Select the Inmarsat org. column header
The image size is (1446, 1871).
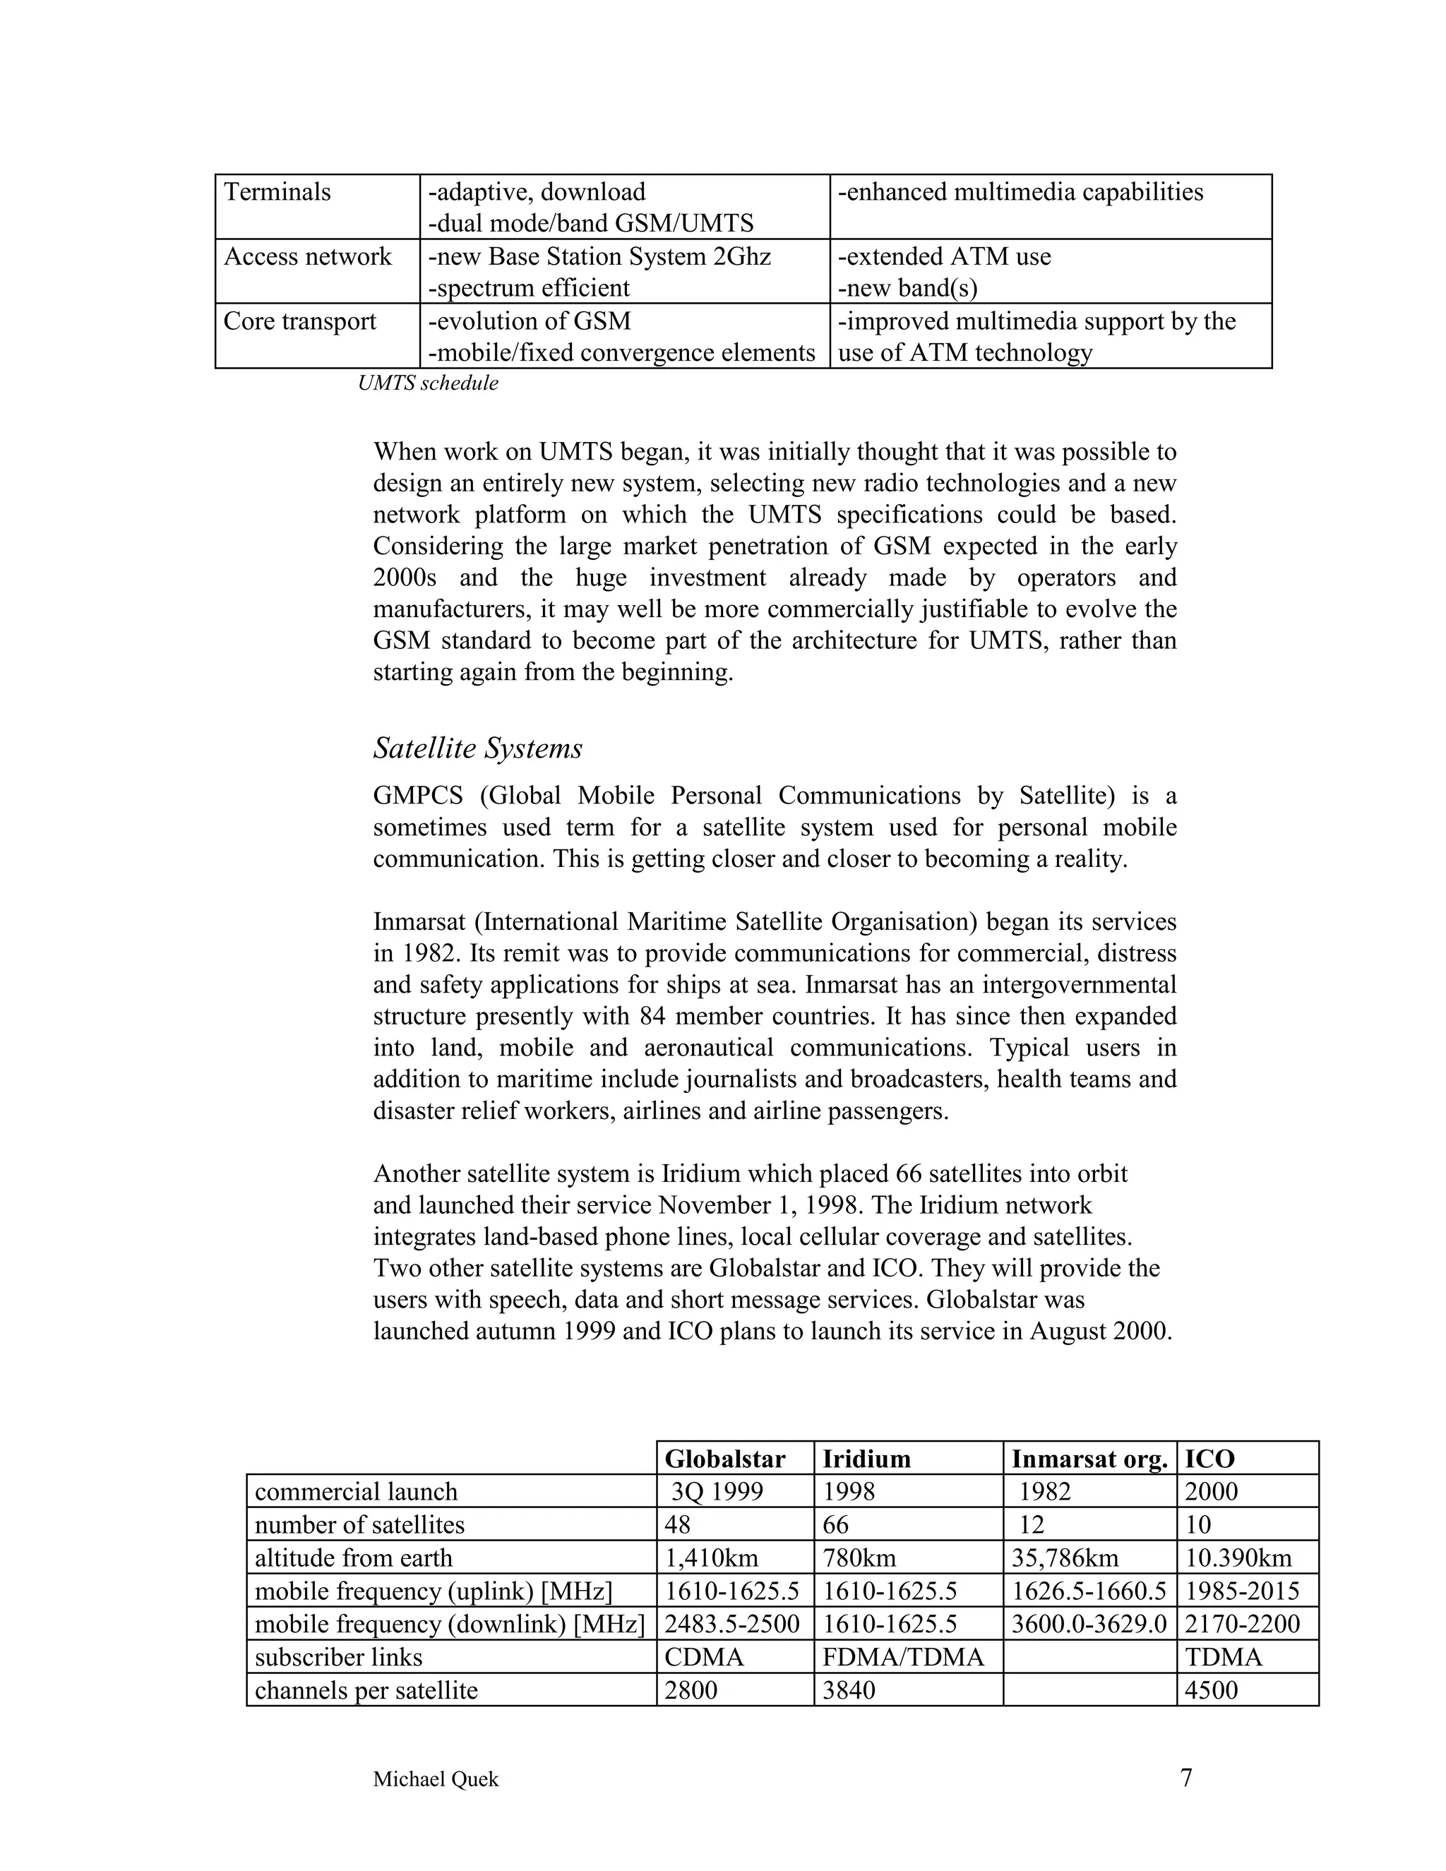pyautogui.click(x=1089, y=1458)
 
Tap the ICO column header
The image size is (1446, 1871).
pyautogui.click(x=1209, y=1458)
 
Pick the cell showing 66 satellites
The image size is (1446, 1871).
pyautogui.click(x=836, y=1525)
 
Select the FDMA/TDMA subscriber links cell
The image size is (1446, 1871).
pyautogui.click(x=903, y=1657)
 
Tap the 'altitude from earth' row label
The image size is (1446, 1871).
pyautogui.click(x=353, y=1558)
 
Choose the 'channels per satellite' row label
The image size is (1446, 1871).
pyautogui.click(x=366, y=1690)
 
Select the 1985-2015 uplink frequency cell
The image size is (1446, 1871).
pyautogui.click(x=1242, y=1591)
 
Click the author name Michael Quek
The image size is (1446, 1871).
pyautogui.click(x=435, y=1779)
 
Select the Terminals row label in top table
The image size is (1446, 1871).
pyautogui.click(x=277, y=192)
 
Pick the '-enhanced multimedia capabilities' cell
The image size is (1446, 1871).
pyautogui.click(x=1020, y=192)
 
